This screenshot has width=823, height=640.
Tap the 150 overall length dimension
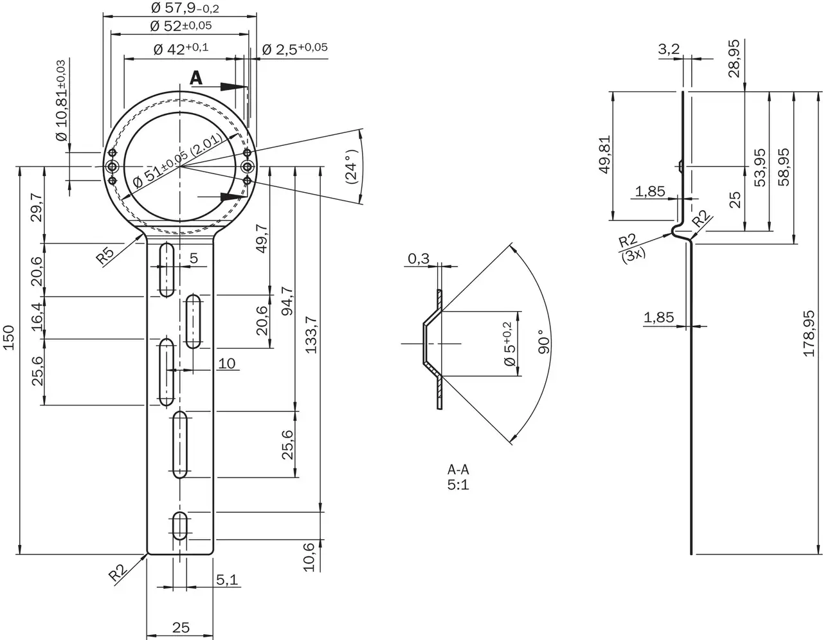[x=9, y=338]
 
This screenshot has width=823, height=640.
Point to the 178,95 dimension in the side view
[x=809, y=333]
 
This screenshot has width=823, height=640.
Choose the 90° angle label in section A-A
[x=545, y=342]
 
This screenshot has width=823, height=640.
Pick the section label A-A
[x=458, y=470]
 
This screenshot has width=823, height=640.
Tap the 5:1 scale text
[x=458, y=484]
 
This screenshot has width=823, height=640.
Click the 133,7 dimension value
[x=312, y=334]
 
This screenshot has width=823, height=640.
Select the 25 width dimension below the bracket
[x=181, y=626]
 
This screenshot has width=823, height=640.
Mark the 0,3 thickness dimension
[x=419, y=259]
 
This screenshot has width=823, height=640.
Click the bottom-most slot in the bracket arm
[x=181, y=526]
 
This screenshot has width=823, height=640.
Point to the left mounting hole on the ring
[x=113, y=167]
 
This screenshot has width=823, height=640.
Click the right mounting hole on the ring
[x=248, y=167]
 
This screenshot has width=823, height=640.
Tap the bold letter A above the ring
[x=196, y=78]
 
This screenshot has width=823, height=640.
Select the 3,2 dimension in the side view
[x=669, y=49]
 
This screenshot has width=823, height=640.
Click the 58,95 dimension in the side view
[x=783, y=167]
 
